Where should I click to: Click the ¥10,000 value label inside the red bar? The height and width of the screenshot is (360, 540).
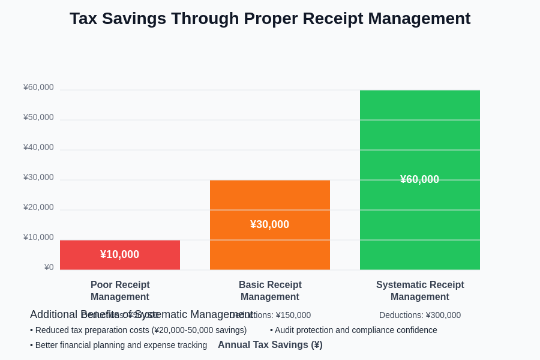click(x=120, y=254)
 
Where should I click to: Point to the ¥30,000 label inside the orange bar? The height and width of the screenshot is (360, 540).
click(x=270, y=224)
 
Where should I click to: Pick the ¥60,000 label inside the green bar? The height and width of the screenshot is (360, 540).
click(x=420, y=179)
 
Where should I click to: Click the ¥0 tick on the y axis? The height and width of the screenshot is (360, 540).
click(x=49, y=267)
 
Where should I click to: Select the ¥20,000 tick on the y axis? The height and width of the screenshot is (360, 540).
click(x=38, y=207)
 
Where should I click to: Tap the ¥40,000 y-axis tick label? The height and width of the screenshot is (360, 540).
click(x=38, y=147)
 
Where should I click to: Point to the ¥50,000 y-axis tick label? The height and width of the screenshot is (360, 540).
click(x=38, y=117)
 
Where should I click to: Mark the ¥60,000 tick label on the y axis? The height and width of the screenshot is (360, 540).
click(x=38, y=87)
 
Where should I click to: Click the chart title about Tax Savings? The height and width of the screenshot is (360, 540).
click(x=270, y=19)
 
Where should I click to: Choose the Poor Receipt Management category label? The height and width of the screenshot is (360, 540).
click(x=120, y=290)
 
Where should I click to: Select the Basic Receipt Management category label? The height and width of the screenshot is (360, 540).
click(x=270, y=290)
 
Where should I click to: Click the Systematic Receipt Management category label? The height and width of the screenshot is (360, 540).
click(x=420, y=290)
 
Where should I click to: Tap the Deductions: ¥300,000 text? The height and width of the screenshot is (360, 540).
click(x=420, y=315)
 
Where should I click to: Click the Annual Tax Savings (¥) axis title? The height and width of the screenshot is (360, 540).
click(x=270, y=344)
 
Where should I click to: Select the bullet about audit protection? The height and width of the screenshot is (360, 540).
click(x=353, y=330)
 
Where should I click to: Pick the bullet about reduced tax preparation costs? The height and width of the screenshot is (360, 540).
click(x=139, y=330)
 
